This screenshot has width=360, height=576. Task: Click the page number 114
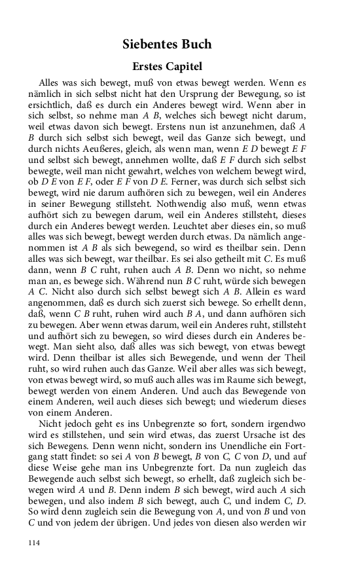pos(35,542)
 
